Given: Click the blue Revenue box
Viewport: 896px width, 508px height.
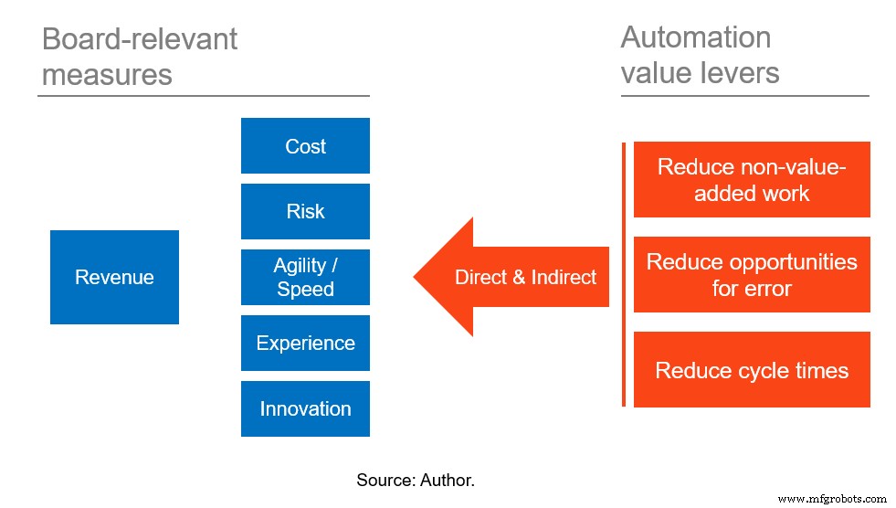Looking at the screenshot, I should pos(114,277).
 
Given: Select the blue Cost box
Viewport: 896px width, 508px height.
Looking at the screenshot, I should pos(305,146).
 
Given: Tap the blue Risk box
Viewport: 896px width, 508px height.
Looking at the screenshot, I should pos(305,211).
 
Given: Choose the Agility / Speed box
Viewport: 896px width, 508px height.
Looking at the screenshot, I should pos(305,277).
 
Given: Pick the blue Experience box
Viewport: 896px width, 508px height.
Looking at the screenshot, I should pos(305,343).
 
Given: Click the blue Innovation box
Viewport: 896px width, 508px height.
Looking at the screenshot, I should pos(305,408).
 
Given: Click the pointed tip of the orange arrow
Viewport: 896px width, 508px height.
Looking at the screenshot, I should pos(417,277).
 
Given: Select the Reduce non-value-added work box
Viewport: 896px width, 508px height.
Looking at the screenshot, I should pos(752,180).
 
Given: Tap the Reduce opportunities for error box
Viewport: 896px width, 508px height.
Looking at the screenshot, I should pos(752,275).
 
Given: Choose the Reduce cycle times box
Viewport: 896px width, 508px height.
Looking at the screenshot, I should pos(752,370).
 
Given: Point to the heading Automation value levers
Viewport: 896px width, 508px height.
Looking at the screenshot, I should pos(700,54).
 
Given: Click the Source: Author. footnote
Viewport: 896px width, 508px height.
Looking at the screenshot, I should pos(416,479).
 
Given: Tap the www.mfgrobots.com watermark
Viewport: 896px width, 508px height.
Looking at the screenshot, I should pos(831,499).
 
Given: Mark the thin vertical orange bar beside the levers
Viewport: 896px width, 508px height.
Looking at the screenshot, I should pos(624,274).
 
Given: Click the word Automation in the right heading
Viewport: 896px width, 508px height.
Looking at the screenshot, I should pos(696,37).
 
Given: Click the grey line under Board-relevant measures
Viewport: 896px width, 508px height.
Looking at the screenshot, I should pos(203,95).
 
